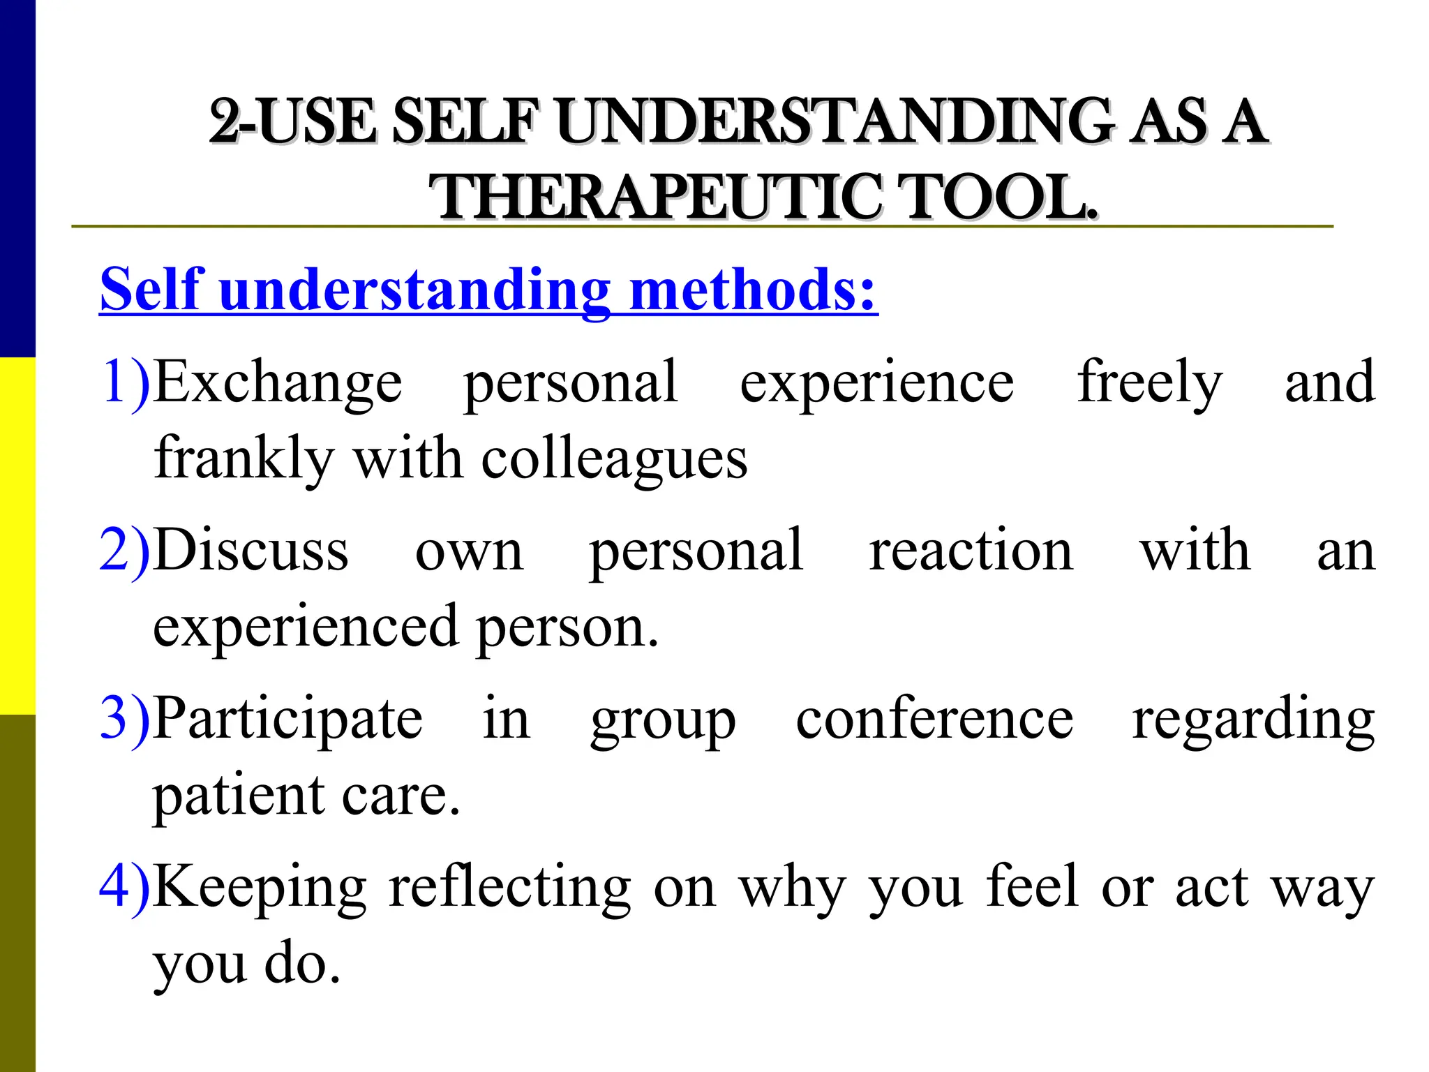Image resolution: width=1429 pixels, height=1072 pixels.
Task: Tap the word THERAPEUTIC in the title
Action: click(653, 198)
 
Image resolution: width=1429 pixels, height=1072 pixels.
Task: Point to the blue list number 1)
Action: click(125, 381)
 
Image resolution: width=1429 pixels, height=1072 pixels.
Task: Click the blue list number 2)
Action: click(125, 550)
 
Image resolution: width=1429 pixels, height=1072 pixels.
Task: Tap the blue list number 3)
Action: click(125, 718)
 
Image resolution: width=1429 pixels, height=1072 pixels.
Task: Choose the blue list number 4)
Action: click(125, 886)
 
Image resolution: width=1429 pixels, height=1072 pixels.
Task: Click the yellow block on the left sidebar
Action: click(17, 536)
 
